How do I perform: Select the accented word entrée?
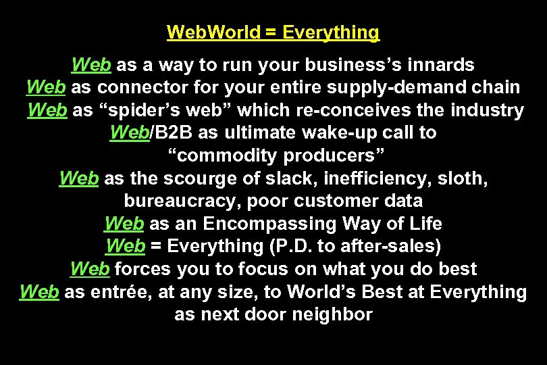pos(119,292)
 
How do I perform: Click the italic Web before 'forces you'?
pos(90,269)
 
